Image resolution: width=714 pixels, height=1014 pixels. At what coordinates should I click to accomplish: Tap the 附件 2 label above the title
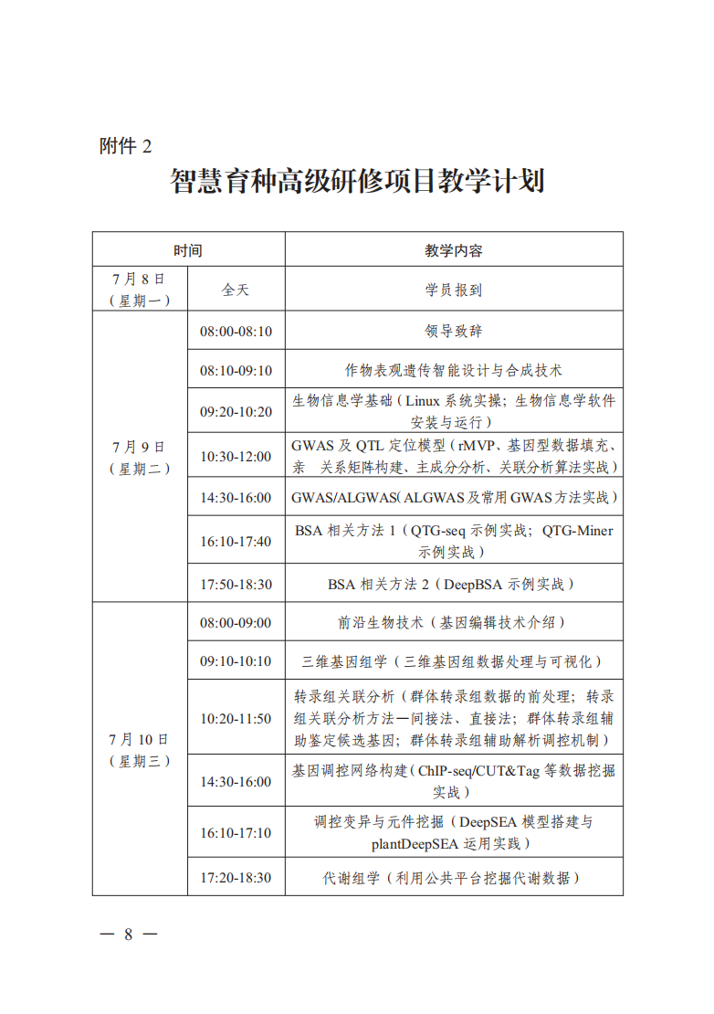[125, 146]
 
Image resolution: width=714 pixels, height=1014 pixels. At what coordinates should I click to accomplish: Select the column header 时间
[188, 249]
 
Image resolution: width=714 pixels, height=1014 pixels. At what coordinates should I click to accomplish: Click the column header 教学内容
[454, 249]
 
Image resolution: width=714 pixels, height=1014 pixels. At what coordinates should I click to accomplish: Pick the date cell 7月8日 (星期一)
[139, 289]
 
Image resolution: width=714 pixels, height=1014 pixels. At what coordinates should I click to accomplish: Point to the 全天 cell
[236, 290]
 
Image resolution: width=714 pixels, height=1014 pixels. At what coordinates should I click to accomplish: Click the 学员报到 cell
[454, 290]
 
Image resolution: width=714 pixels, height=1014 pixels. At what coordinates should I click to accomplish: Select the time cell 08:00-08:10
[236, 331]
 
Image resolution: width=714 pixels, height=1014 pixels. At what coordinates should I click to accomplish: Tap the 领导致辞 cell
[454, 331]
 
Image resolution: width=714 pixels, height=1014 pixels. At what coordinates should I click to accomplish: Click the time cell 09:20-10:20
[236, 411]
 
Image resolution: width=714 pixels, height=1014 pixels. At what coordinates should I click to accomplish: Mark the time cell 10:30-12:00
[236, 456]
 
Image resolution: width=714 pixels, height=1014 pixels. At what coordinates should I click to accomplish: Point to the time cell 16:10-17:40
[236, 541]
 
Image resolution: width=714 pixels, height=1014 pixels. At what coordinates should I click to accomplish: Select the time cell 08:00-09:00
[236, 623]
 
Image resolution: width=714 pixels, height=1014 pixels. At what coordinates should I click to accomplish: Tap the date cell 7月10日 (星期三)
[139, 749]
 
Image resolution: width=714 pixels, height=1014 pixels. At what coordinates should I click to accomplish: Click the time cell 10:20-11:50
[236, 719]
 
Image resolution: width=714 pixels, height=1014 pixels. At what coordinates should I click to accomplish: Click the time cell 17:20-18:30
[236, 878]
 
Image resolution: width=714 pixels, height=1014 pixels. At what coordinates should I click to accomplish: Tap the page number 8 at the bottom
[129, 934]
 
